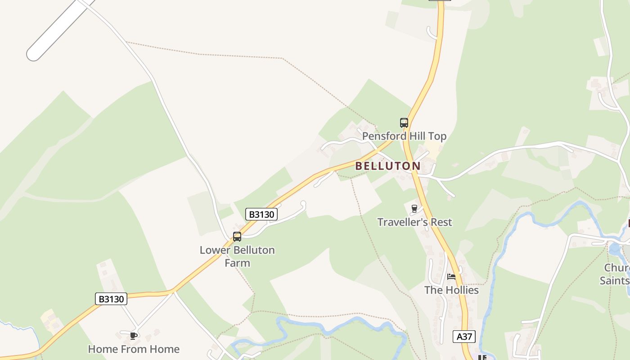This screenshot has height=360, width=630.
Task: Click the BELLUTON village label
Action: (387, 166)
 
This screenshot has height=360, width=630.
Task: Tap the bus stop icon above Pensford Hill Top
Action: (404, 122)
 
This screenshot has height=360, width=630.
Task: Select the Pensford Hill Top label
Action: (404, 136)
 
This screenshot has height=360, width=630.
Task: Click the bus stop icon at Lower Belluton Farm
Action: (237, 237)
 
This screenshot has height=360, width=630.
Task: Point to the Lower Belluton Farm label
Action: (237, 256)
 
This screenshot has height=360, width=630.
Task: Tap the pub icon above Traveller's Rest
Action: (414, 208)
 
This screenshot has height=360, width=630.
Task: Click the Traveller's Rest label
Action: (414, 222)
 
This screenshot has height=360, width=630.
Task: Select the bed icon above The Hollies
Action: (451, 276)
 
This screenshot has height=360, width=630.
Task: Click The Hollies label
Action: (451, 290)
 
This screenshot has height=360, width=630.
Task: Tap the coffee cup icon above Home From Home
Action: (134, 336)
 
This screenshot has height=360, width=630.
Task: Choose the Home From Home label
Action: (134, 349)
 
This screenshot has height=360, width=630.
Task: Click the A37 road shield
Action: (464, 337)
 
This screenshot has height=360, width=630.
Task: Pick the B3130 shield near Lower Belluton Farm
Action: (261, 214)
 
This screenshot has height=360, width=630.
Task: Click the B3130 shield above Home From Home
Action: (111, 299)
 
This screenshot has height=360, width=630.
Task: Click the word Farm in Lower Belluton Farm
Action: (237, 263)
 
